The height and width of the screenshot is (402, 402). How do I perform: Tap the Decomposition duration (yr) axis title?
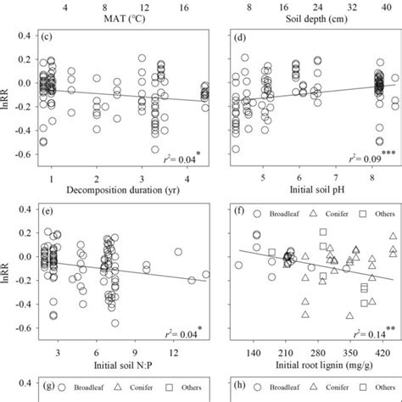tap(117, 190)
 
